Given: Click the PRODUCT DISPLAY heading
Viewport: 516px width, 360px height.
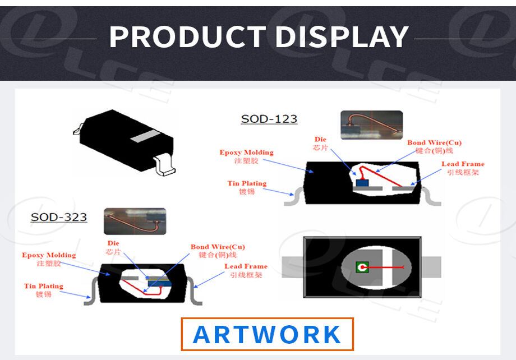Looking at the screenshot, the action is (259, 37).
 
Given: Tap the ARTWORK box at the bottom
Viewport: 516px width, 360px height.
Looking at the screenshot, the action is (267, 334).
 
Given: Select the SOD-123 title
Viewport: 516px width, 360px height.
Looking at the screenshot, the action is (269, 119).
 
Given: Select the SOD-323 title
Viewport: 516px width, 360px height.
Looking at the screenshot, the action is (59, 217).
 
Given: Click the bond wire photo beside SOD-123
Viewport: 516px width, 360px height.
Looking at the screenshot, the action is (371, 125).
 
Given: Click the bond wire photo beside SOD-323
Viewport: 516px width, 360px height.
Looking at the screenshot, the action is (135, 221).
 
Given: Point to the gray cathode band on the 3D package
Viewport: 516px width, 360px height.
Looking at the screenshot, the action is (145, 136).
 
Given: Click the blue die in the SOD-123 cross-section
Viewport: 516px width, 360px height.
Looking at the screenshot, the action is (362, 183).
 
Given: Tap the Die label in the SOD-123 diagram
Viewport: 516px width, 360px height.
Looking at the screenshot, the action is (320, 144).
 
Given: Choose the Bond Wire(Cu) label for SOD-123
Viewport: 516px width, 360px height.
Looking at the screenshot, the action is (434, 147).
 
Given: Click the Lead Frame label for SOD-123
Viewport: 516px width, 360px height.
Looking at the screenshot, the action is (463, 168).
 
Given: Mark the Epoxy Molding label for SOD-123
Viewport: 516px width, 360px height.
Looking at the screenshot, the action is (246, 156).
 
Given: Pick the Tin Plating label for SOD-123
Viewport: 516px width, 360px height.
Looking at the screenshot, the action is (247, 187).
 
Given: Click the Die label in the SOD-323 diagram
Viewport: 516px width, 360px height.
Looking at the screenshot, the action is (113, 247).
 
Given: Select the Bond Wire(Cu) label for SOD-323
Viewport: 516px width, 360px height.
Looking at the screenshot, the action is (218, 251).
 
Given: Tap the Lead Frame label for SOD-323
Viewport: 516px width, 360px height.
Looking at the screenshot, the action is (246, 270).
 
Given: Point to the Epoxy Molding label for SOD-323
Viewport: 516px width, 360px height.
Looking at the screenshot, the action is (49, 259).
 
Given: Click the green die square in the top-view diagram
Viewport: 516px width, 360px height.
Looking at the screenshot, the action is (362, 267).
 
